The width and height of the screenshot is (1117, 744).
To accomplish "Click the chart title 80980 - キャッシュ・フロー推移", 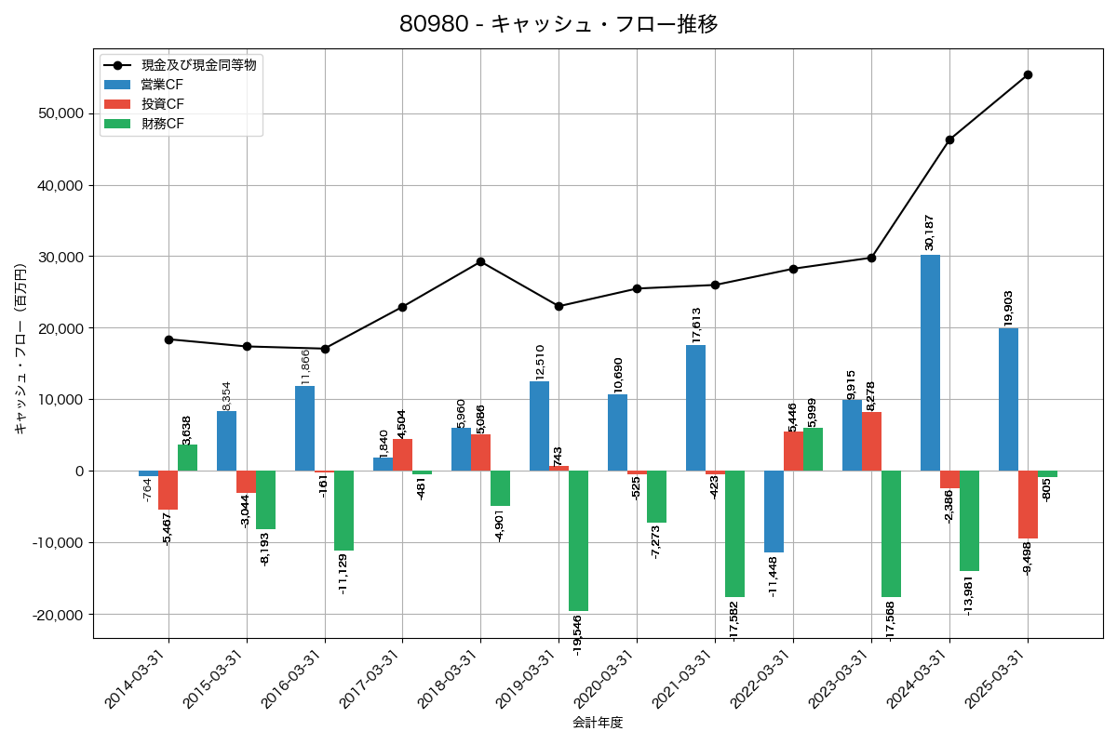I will click(x=558, y=24).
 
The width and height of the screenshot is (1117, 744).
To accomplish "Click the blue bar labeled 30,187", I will click(x=930, y=363).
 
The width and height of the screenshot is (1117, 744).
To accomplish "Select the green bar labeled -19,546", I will click(x=578, y=540).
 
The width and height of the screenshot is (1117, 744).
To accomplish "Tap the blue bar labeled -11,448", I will click(x=774, y=511).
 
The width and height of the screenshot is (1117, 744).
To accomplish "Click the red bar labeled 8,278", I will click(x=871, y=442).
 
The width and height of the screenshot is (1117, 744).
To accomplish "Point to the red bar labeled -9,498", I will click(x=1028, y=504).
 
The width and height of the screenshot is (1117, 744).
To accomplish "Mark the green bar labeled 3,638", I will click(x=187, y=458).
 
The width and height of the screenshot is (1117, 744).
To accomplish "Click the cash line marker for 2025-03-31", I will click(x=1028, y=74).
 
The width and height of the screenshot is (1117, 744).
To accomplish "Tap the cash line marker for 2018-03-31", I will click(x=480, y=261).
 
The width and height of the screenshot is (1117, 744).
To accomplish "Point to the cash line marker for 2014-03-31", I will click(x=168, y=339).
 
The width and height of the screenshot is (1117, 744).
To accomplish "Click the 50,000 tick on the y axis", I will click(x=58, y=113).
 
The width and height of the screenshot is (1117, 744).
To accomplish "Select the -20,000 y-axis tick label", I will click(x=56, y=615).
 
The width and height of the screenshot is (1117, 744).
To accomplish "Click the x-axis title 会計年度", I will click(x=598, y=722).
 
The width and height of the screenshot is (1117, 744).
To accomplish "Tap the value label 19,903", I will click(x=1008, y=308).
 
